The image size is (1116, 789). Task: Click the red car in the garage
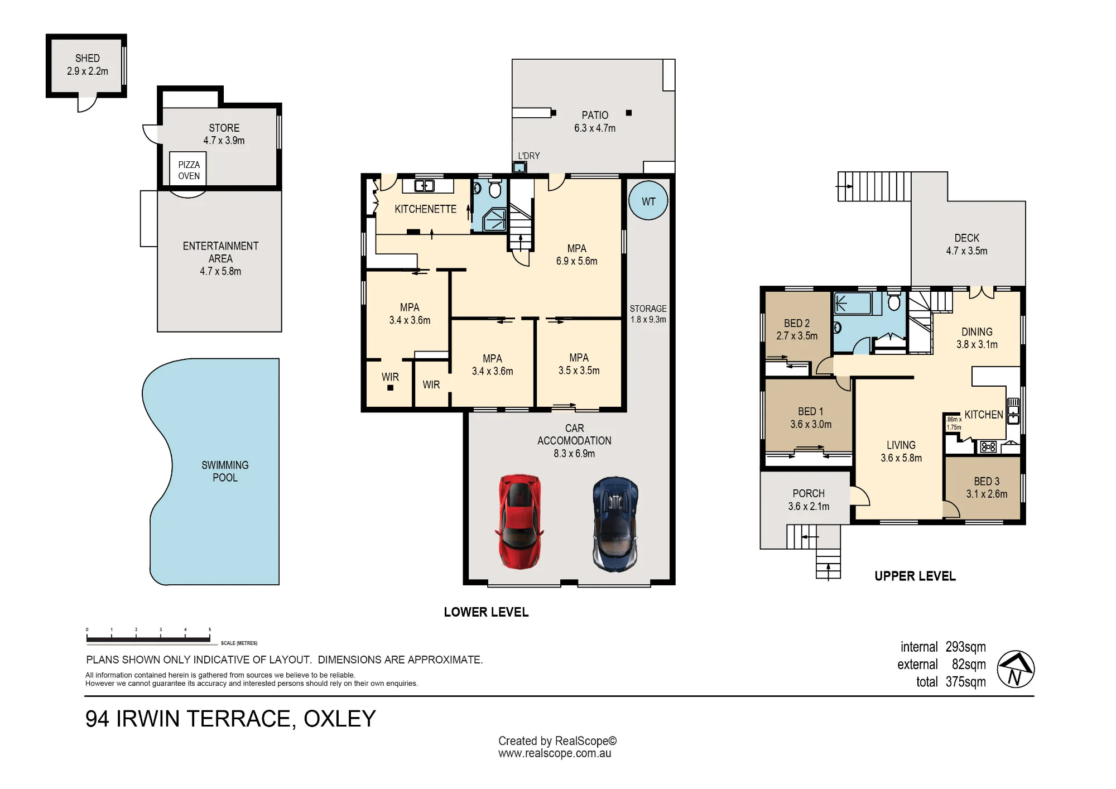519,522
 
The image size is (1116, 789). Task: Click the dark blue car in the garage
615,524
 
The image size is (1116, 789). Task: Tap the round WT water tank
648,201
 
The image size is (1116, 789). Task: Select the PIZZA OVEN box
189,169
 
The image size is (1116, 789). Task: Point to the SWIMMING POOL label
225,471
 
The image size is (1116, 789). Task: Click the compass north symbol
1016,669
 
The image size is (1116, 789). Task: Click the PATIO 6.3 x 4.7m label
595,122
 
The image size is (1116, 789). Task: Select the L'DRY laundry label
528,156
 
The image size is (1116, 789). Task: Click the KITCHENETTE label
425,209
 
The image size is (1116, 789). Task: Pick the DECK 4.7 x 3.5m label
966,244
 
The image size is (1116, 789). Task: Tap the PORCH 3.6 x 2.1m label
809,499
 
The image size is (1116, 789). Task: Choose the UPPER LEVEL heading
915,576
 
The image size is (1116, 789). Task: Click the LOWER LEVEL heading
486,612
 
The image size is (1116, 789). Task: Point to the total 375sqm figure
951,681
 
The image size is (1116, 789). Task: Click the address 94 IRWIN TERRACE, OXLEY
230,719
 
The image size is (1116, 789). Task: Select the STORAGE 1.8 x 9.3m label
648,314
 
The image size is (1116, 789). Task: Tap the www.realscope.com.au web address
555,753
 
